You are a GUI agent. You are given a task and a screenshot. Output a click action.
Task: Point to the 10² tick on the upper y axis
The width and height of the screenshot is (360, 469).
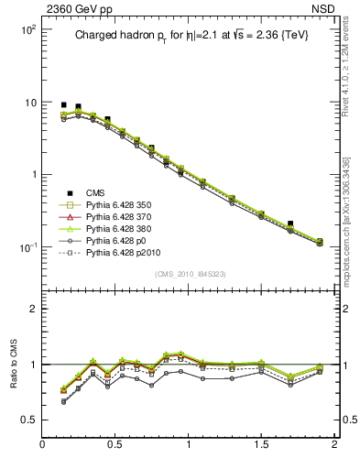[x=27, y=29]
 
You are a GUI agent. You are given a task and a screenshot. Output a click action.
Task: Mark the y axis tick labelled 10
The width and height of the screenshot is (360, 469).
[x=29, y=102]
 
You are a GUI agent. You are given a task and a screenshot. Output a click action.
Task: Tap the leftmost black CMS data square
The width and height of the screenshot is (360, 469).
[x=63, y=105]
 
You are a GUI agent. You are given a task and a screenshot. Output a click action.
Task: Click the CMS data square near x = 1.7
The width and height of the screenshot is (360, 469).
[x=290, y=223]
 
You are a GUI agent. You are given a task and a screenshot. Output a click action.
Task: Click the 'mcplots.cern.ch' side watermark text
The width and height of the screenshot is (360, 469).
[x=352, y=220]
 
